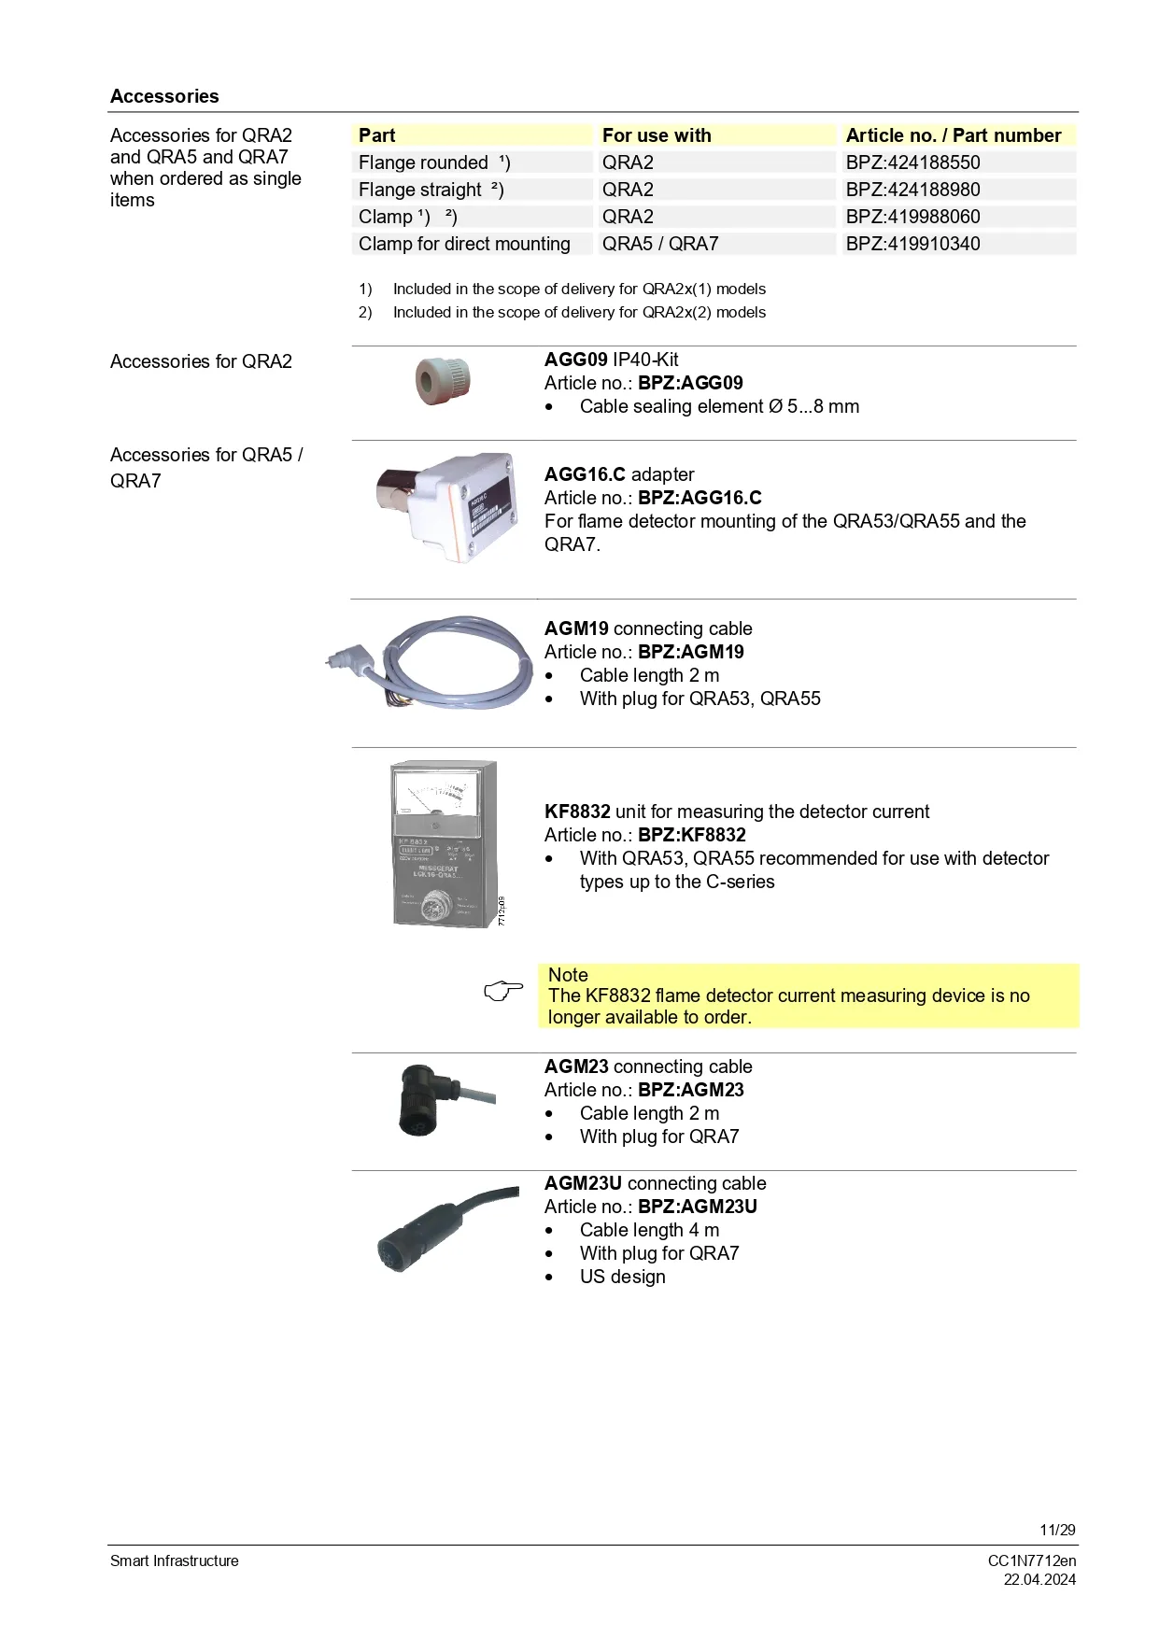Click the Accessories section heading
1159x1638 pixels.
[164, 96]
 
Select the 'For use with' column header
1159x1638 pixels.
[657, 135]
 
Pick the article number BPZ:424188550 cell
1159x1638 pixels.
[912, 162]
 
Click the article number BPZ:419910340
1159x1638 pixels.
[912, 244]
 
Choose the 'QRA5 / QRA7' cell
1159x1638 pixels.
[660, 244]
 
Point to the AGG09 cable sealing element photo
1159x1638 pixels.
[443, 381]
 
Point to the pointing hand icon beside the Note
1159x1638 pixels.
[504, 991]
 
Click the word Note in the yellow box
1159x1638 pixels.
[568, 975]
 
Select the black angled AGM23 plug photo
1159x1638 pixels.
[431, 1100]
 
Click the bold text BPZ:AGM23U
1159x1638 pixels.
[698, 1207]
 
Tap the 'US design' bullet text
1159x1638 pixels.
[622, 1277]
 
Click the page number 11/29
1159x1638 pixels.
[1057, 1530]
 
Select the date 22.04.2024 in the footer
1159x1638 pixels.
[1039, 1579]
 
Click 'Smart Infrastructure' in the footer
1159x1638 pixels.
[175, 1560]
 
